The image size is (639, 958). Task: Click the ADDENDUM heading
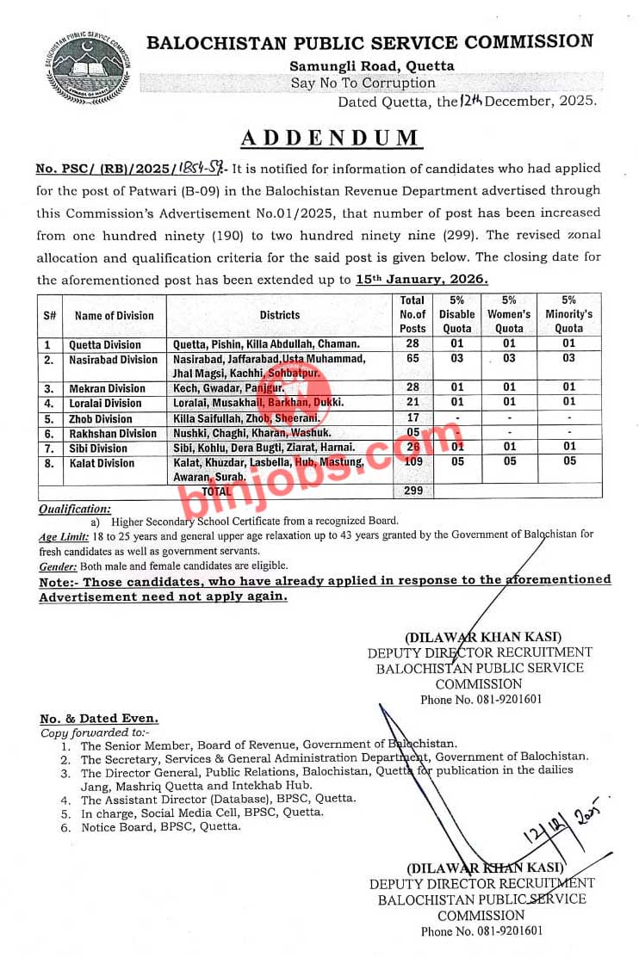pyautogui.click(x=330, y=139)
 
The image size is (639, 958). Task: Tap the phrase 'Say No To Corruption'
pyautogui.click(x=363, y=83)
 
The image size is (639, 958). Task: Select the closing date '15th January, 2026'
pyautogui.click(x=422, y=279)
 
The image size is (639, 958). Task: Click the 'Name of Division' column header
pyautogui.click(x=114, y=315)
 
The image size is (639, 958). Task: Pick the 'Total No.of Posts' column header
pyautogui.click(x=413, y=314)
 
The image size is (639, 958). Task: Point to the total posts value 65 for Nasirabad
pyautogui.click(x=413, y=359)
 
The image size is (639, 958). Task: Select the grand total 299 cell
pyautogui.click(x=413, y=490)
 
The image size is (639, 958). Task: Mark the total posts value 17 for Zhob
pyautogui.click(x=413, y=419)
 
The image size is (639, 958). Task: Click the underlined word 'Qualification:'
pyautogui.click(x=75, y=510)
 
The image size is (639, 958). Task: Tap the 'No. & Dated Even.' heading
pyautogui.click(x=98, y=718)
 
